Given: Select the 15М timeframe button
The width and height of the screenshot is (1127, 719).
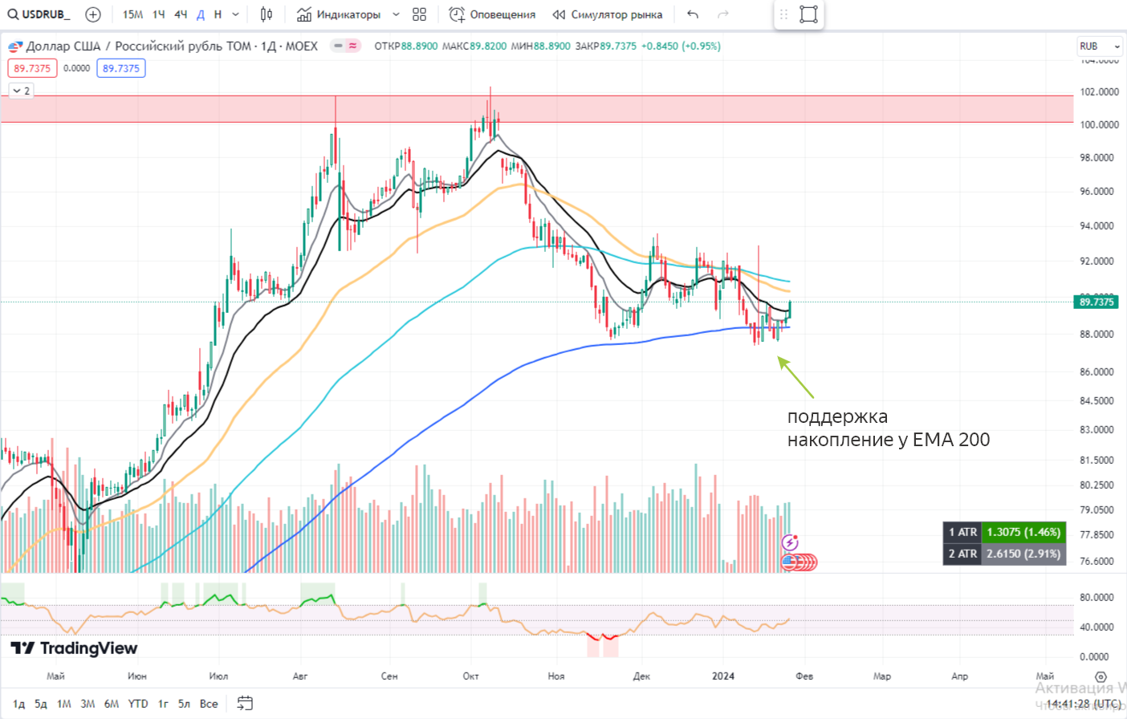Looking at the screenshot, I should point(132,14).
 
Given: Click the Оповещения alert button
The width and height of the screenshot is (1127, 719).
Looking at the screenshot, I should point(492,14).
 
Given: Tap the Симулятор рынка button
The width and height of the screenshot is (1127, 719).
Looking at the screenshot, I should point(608,14).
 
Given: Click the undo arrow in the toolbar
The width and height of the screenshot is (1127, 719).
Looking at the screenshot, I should point(693,14).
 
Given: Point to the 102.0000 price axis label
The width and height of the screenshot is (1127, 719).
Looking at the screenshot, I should point(1098,91).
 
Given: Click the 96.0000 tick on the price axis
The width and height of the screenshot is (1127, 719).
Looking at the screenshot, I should point(1097,191).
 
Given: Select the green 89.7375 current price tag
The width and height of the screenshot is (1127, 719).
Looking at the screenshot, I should point(1096,302).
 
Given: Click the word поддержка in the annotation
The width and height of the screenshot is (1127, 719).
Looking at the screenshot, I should point(837,416).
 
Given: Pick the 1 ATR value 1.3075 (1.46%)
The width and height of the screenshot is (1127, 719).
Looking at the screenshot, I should point(1023,532).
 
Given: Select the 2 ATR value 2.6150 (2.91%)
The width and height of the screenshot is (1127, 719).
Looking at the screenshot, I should point(1023,554).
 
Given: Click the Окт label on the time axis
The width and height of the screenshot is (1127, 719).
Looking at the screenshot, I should point(471,676).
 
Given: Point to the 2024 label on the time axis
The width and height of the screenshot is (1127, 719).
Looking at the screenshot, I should point(723,676).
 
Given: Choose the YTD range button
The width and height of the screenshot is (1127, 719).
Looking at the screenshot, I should point(138,704).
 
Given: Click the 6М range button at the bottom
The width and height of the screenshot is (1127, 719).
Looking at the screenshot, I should point(112,704).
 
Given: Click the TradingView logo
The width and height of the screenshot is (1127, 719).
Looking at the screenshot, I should point(74,648).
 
